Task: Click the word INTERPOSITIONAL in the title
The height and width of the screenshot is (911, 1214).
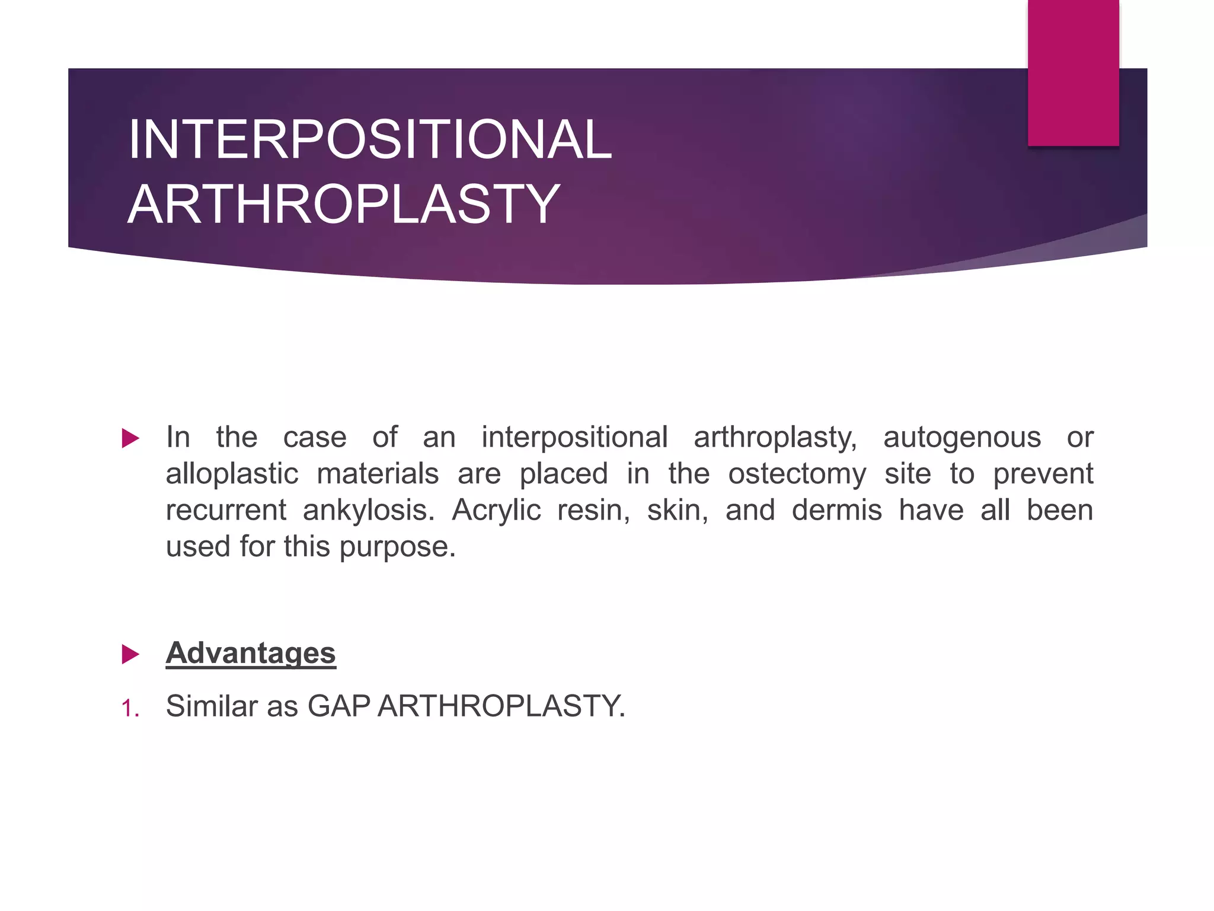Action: (x=370, y=140)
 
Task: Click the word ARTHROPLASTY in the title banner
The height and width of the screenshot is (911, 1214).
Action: (x=344, y=205)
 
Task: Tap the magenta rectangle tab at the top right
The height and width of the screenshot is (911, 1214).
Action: (x=1073, y=72)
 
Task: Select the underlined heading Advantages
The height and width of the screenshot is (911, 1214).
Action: (x=251, y=653)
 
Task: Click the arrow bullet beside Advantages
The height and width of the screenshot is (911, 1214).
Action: (x=130, y=654)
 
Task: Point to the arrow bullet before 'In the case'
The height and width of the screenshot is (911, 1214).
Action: (x=130, y=438)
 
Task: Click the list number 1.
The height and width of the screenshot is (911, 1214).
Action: (x=130, y=708)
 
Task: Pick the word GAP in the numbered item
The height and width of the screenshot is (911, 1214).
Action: (x=338, y=706)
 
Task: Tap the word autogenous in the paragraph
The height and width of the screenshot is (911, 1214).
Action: (x=961, y=438)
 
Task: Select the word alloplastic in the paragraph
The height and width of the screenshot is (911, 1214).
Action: (x=232, y=474)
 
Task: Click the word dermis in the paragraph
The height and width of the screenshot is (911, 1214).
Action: (x=836, y=510)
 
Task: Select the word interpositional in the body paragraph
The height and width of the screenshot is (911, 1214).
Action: (x=574, y=438)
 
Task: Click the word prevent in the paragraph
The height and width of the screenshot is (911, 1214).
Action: (x=1043, y=474)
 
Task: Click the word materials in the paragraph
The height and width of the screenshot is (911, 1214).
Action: (x=378, y=474)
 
